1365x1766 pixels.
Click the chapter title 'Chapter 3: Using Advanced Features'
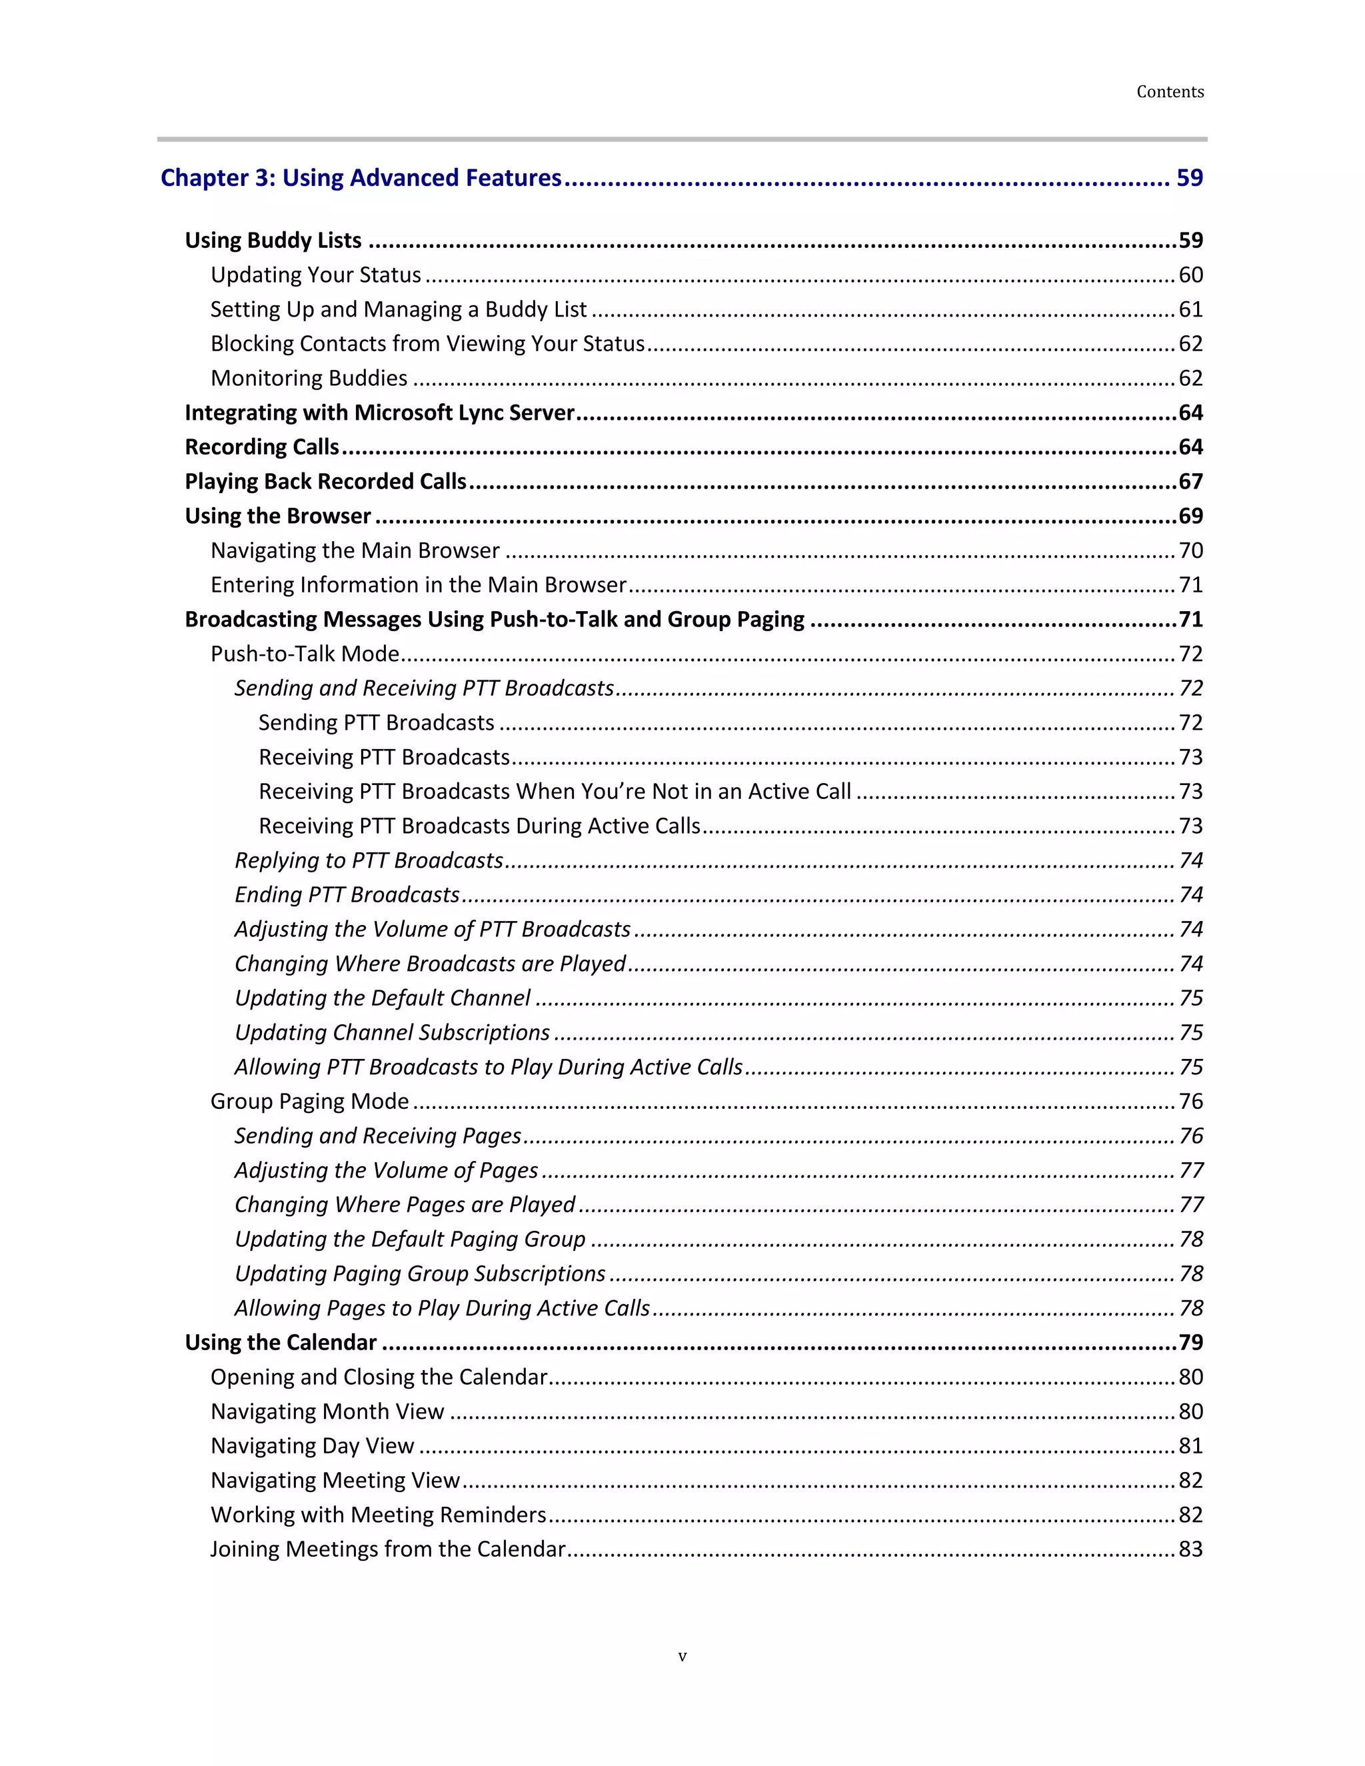[361, 178]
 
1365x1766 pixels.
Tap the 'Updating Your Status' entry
[315, 276]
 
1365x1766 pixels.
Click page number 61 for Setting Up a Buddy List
[1190, 310]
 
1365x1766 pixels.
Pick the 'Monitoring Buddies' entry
[309, 379]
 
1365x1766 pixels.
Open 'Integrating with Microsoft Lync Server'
[379, 413]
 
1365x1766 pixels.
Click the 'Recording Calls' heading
[262, 447]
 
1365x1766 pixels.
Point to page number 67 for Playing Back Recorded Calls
[1190, 482]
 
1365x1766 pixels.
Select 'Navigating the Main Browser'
[355, 550]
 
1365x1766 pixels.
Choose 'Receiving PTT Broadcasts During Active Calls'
[479, 826]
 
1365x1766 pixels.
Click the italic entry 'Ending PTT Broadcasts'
[347, 895]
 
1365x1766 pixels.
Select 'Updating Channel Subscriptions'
[392, 1032]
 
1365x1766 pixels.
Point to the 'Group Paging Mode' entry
[310, 1102]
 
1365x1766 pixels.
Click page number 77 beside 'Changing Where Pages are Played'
[1191, 1205]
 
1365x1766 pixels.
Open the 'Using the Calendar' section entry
[281, 1343]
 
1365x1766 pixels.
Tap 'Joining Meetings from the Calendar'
[388, 1549]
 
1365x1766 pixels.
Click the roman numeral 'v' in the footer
[682, 1657]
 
